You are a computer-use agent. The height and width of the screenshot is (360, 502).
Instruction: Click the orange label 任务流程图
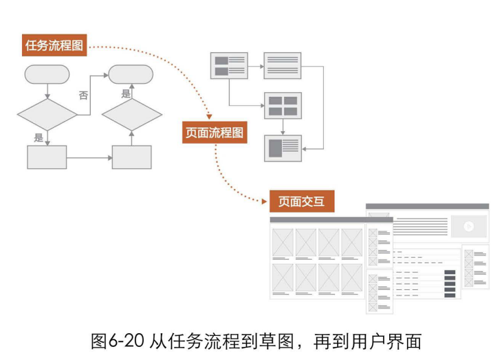54,45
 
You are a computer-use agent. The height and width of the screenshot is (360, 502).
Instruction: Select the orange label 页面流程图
215,133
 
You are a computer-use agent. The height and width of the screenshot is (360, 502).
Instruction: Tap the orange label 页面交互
302,201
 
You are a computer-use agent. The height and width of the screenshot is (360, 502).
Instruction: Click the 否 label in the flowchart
84,95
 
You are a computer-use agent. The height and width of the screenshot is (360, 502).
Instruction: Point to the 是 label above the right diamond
126,93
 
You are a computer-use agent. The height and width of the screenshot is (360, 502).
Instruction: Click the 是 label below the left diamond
39,137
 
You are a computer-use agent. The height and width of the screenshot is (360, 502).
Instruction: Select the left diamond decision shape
47,115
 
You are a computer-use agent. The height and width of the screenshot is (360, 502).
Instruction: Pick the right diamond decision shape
131,115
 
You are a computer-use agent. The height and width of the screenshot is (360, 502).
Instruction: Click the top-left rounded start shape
47,74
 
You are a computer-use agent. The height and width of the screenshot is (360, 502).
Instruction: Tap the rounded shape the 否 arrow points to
131,74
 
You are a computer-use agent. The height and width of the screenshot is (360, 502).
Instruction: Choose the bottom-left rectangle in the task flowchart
47,157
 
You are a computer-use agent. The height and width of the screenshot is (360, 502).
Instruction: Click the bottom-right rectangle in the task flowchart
131,157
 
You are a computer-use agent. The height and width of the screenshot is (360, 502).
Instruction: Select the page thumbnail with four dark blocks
283,106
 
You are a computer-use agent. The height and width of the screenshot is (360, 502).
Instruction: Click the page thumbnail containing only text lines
283,65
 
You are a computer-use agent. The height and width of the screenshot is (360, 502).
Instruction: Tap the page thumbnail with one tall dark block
283,148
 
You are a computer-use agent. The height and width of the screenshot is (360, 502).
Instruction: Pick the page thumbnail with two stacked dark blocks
229,65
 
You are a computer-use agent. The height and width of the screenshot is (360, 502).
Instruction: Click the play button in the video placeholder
469,227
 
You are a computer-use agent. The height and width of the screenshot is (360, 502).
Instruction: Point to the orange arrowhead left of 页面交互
264,201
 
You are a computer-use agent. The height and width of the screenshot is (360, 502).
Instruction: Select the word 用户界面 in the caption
386,341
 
